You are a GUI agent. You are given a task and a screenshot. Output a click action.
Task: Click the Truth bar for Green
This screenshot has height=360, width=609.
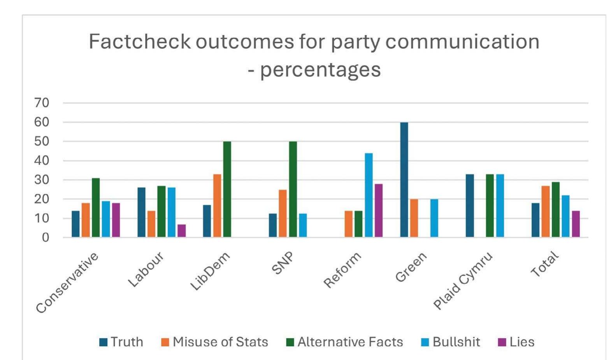tap(404, 180)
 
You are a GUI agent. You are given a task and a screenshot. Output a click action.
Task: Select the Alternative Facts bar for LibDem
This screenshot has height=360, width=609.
tap(227, 189)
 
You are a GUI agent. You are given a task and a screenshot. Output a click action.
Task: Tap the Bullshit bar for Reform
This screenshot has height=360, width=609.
tap(369, 195)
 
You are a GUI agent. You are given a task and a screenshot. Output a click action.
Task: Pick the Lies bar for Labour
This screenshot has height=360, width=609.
tap(182, 231)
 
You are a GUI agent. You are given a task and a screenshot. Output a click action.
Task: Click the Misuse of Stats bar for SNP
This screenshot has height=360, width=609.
tap(283, 213)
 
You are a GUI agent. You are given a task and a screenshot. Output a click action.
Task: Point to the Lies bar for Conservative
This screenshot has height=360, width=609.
tap(116, 220)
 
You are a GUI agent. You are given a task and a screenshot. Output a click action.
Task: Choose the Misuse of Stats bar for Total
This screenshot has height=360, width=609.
tap(546, 211)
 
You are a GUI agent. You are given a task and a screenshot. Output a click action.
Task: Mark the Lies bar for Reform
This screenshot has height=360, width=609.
tap(379, 211)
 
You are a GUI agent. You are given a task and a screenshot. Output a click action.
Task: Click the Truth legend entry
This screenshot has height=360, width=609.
tap(121, 342)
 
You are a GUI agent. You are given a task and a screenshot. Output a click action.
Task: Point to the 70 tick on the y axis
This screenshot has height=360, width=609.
tap(42, 103)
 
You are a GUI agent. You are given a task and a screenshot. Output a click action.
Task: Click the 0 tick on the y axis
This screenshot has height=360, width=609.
tap(46, 237)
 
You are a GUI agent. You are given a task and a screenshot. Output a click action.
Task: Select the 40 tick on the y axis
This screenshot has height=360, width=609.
tap(42, 161)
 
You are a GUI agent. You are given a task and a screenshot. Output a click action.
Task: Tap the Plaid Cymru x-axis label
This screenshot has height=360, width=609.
tap(463, 280)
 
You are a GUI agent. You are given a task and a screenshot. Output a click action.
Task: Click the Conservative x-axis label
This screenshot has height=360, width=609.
tap(67, 283)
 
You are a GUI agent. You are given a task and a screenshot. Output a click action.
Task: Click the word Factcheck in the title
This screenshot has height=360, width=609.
tap(139, 42)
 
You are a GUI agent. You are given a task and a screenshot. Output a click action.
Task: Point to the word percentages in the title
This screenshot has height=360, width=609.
tap(320, 70)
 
